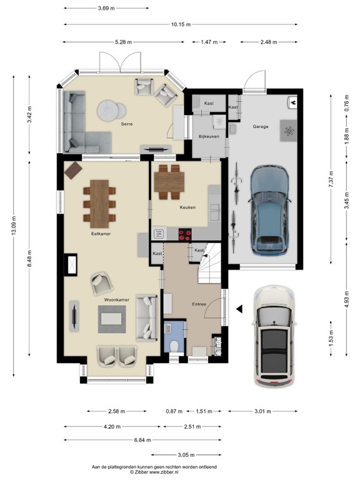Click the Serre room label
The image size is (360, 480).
[x=127, y=124]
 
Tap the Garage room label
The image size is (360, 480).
[x=260, y=126]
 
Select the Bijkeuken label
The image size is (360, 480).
[x=209, y=136]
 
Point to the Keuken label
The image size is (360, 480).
[x=187, y=206]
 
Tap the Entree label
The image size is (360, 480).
[x=199, y=304]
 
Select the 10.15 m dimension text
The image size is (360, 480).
[x=181, y=25]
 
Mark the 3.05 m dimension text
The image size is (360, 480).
[x=186, y=455]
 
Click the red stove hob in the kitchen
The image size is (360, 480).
[x=186, y=235]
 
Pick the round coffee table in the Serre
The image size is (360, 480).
[x=109, y=111]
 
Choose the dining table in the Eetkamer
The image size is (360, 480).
[x=100, y=204]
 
